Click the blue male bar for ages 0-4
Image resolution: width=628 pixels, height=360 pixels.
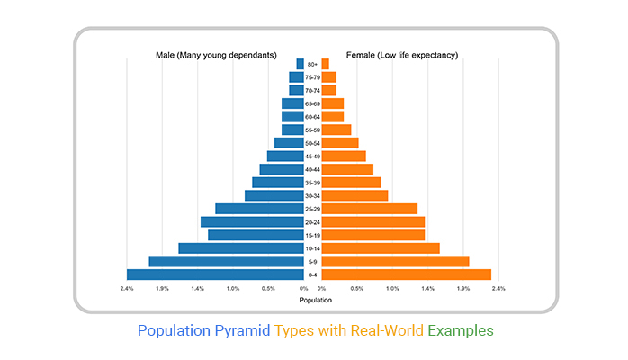[216, 274]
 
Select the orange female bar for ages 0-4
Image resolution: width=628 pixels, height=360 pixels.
[406, 274]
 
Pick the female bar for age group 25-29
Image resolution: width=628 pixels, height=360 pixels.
[369, 209]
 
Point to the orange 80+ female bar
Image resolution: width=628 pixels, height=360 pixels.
[325, 64]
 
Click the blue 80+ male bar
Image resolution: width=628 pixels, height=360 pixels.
[300, 64]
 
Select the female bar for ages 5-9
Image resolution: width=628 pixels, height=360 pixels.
[395, 261]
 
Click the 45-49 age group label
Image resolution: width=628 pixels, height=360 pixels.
[312, 156]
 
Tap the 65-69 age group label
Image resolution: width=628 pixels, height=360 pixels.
[312, 103]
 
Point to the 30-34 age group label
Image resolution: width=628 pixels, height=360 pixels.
[312, 195]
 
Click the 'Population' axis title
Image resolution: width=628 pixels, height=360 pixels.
[315, 300]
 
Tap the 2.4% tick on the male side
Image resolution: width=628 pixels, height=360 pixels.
[127, 289]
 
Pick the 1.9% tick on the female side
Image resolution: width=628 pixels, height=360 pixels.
[463, 289]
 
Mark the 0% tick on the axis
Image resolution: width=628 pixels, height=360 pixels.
[303, 289]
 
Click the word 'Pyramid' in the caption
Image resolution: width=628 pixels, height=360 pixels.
[241, 330]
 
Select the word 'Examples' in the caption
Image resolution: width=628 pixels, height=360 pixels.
[460, 330]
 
